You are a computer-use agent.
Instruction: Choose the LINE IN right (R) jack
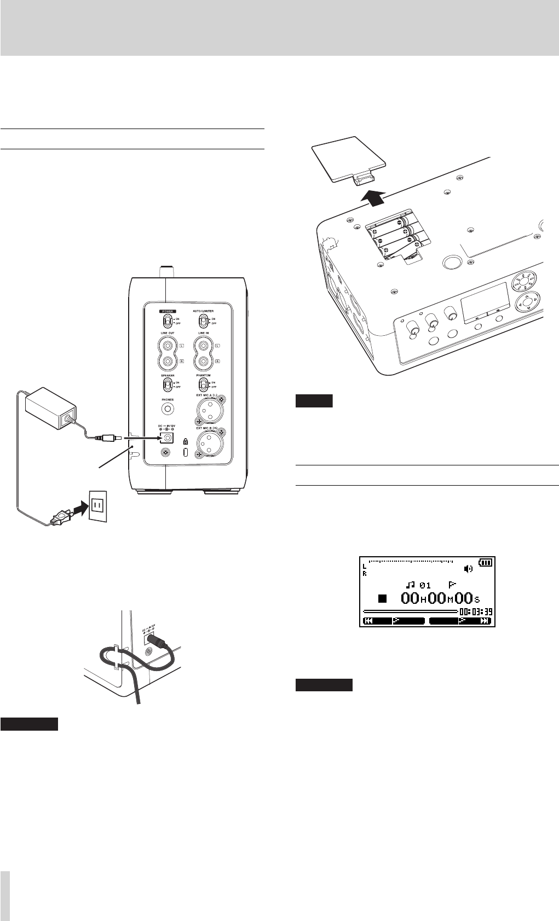click(x=203, y=362)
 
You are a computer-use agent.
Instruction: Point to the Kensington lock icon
click(x=186, y=441)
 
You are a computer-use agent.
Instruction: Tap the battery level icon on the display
click(x=485, y=562)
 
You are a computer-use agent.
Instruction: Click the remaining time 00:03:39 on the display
click(x=476, y=611)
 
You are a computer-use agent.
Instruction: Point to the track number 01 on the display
click(x=425, y=585)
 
